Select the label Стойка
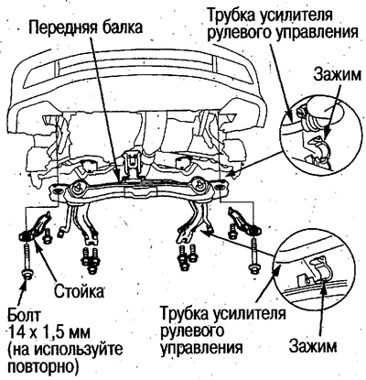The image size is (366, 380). [81, 292]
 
